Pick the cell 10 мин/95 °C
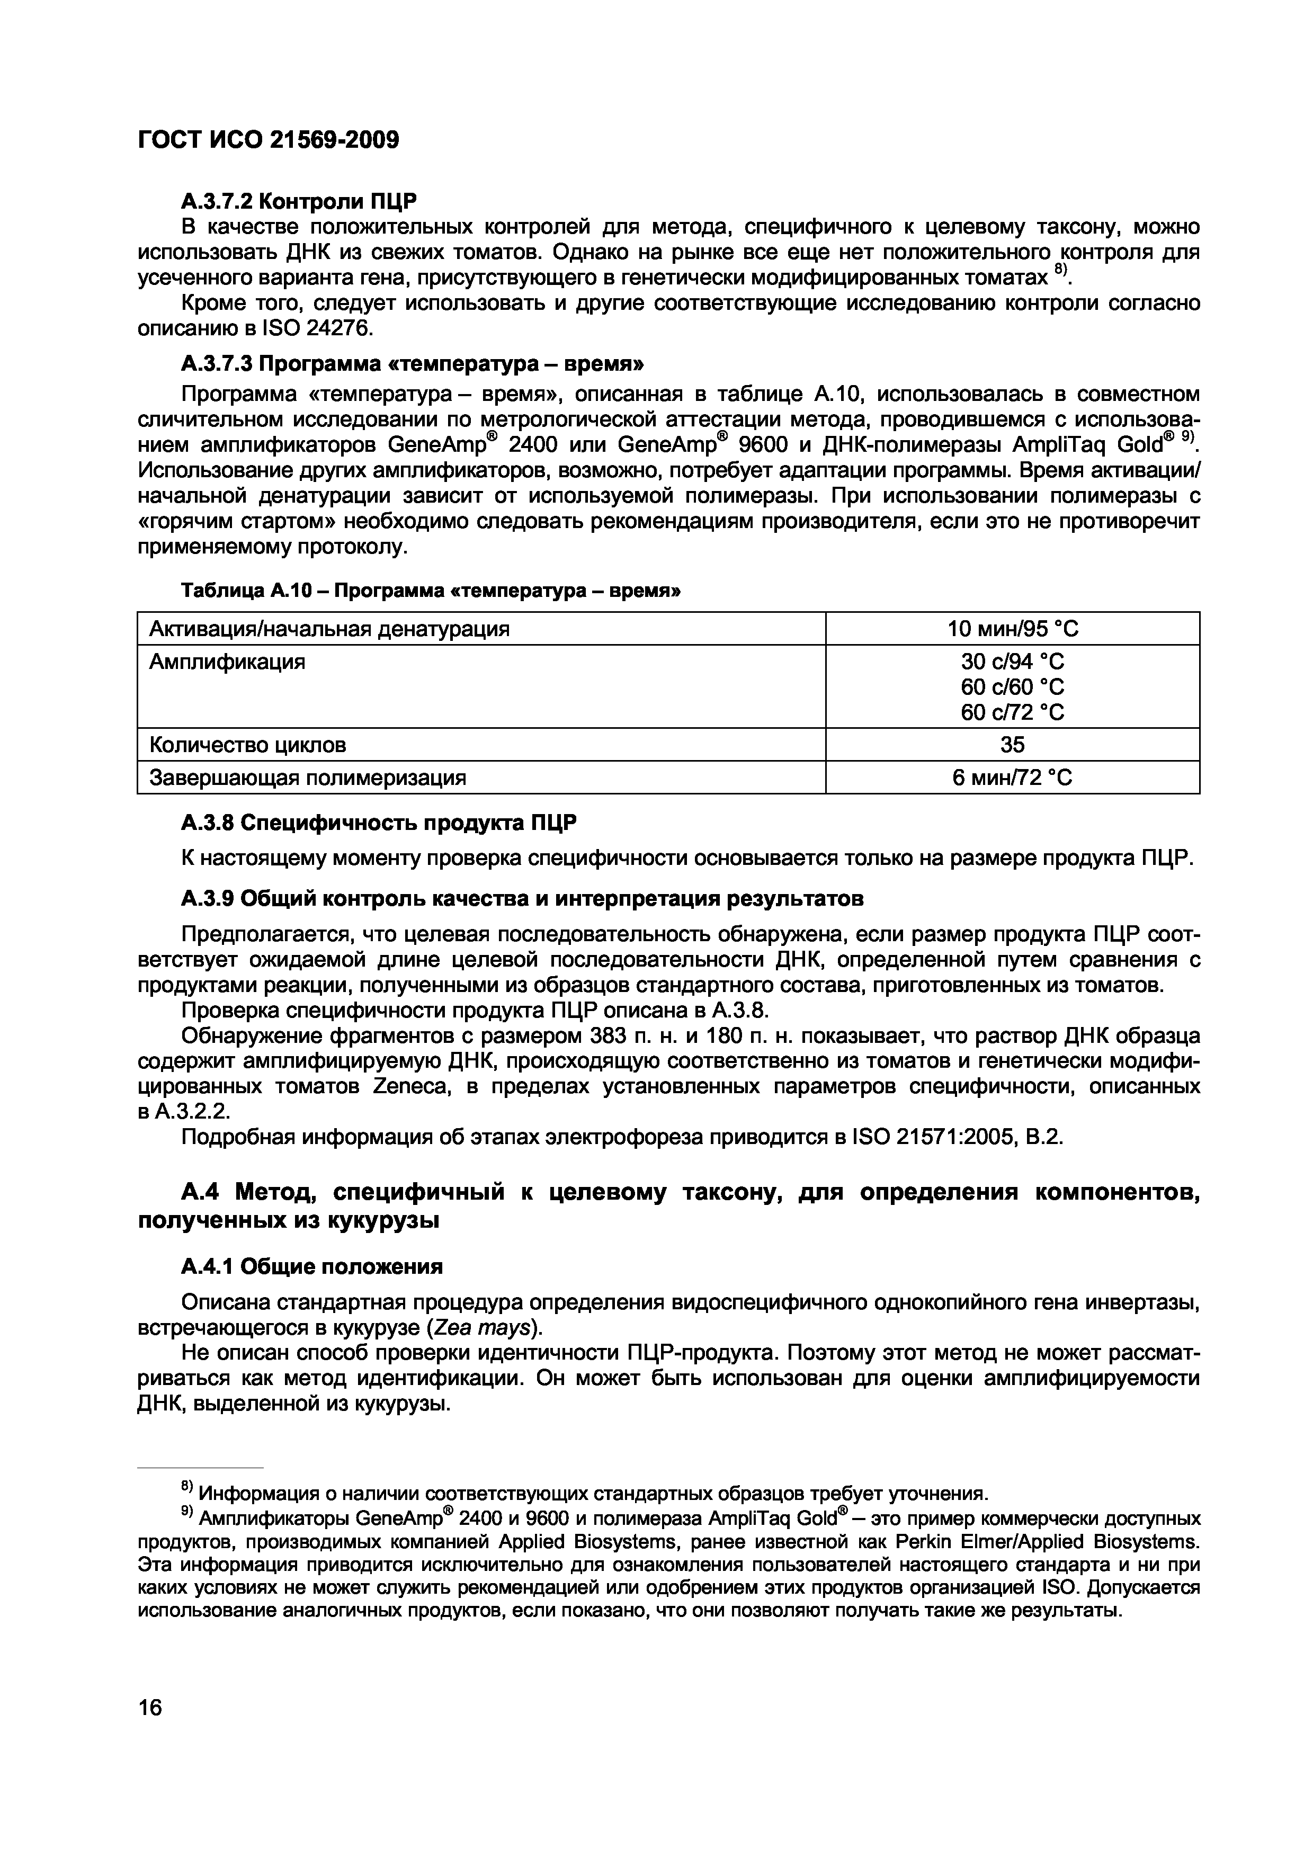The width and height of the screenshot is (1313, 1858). (1012, 629)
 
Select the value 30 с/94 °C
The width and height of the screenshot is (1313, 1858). (1012, 662)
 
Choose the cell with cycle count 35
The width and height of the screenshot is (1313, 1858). (1012, 745)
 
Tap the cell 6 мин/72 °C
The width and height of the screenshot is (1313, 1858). (1012, 778)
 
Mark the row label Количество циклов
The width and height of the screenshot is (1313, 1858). (248, 745)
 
